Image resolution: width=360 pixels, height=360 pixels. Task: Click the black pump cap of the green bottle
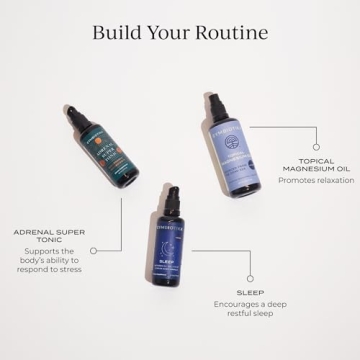pyautogui.click(x=77, y=109)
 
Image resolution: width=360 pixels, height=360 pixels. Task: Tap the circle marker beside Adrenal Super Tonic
pyautogui.click(x=94, y=249)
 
